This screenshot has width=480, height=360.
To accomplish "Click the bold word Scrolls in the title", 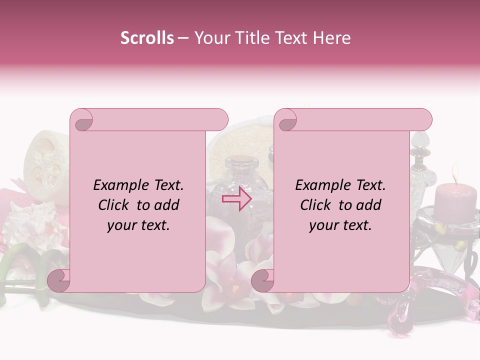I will (x=147, y=38).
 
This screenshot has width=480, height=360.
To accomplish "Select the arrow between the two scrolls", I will (x=236, y=198).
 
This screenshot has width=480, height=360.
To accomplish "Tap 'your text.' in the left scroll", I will (x=138, y=225).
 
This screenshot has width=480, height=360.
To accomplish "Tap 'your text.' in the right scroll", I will (x=340, y=225).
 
